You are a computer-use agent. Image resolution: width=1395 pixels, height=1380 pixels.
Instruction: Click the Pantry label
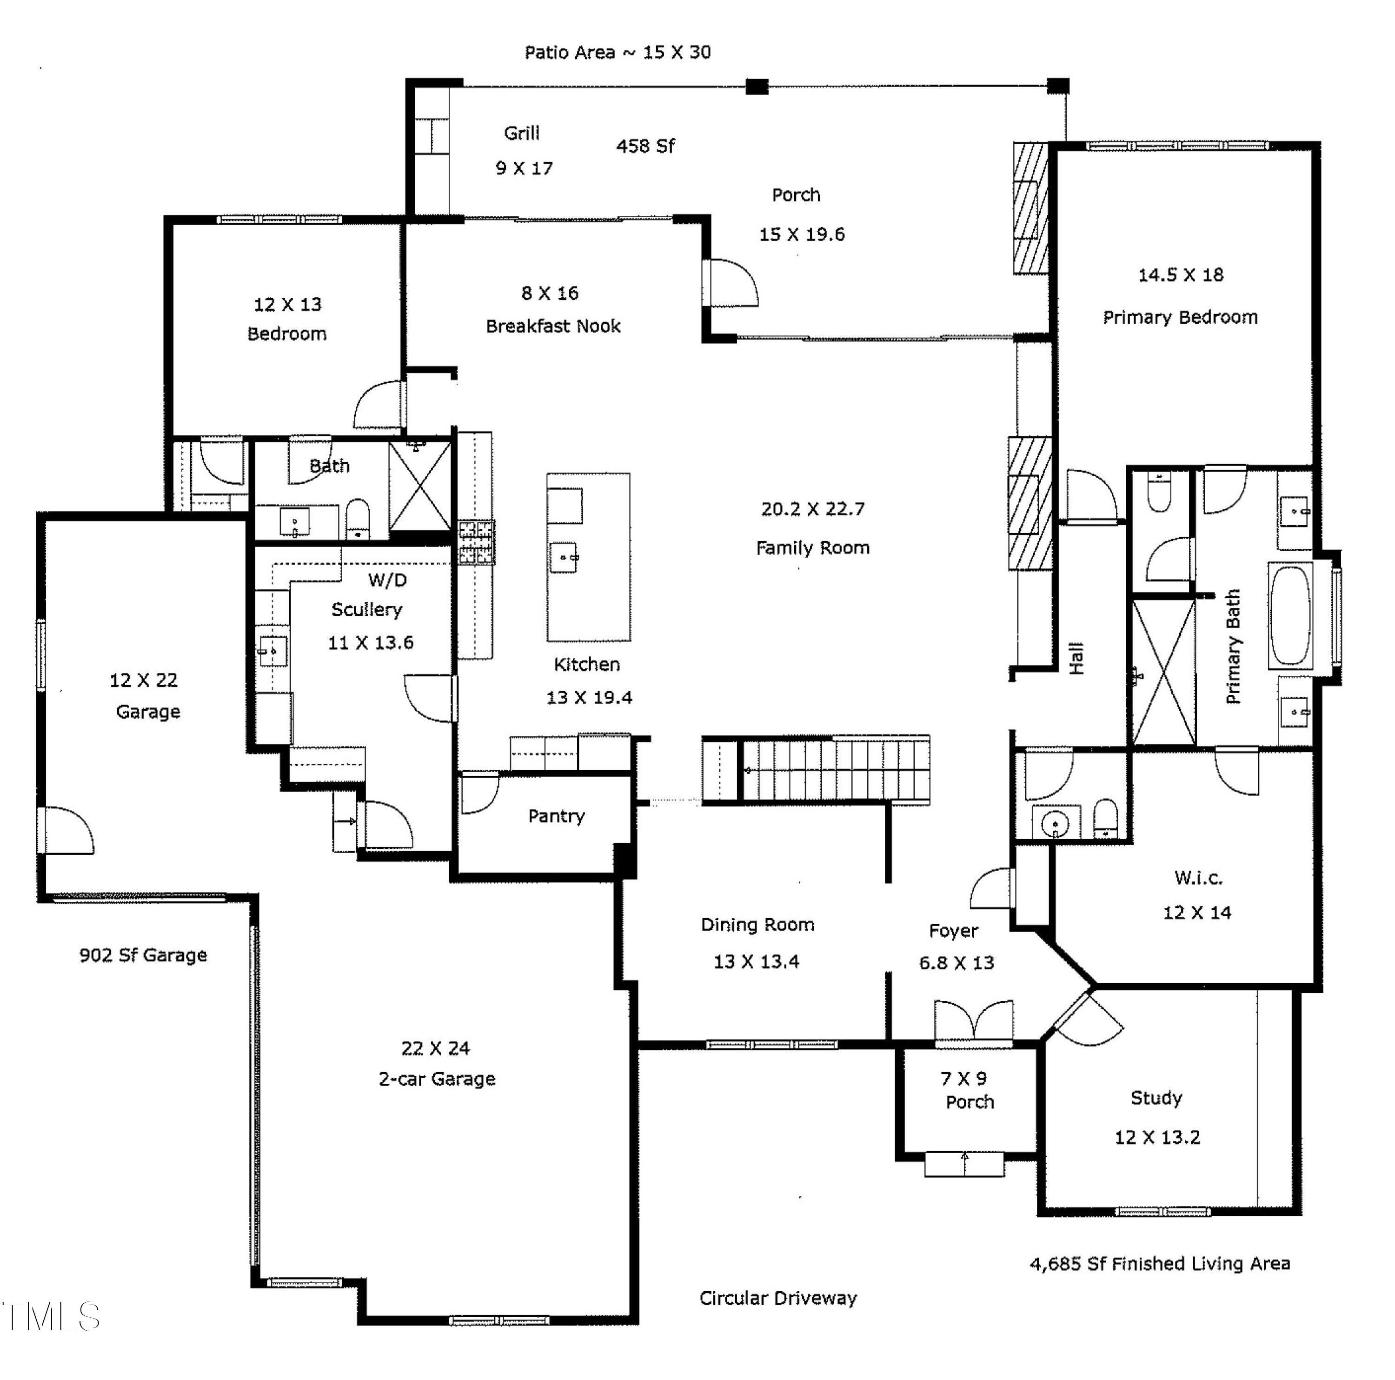[x=556, y=816]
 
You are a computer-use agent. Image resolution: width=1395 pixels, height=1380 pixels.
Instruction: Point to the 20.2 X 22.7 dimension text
[x=812, y=509]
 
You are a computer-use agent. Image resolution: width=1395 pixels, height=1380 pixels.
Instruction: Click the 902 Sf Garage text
[x=143, y=955]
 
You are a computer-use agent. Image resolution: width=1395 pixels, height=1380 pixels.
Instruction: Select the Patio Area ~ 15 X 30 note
[x=618, y=52]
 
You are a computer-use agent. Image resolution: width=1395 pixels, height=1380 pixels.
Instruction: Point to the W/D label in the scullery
[x=388, y=580]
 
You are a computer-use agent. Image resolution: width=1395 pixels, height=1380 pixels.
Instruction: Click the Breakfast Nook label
[x=553, y=327]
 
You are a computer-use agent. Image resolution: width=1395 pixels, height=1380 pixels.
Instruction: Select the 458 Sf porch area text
[x=645, y=146]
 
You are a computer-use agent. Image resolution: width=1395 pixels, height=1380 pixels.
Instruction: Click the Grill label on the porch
[x=521, y=133]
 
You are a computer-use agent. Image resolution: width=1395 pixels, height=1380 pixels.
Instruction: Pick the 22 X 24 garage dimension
[x=435, y=1048]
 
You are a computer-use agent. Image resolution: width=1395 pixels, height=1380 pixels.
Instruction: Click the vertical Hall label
[x=1076, y=658]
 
